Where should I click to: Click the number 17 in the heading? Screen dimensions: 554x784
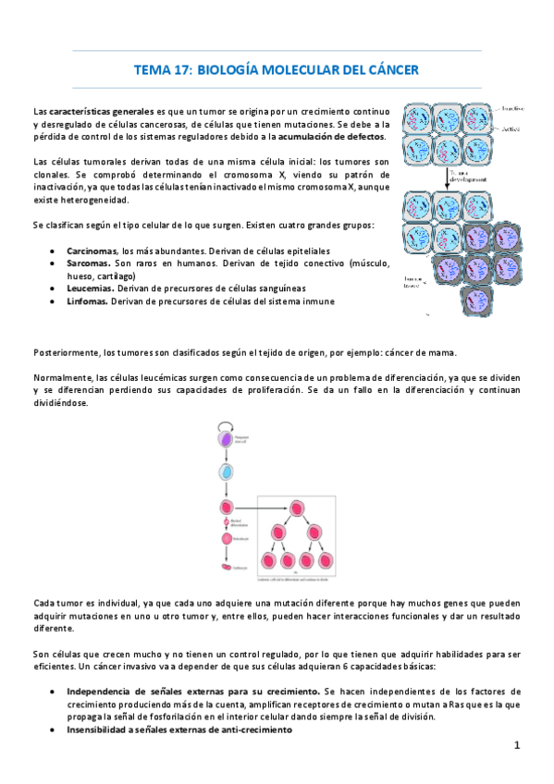tap(181, 69)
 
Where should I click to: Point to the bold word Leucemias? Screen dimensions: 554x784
tap(88, 288)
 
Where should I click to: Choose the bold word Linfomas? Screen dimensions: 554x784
tap(86, 301)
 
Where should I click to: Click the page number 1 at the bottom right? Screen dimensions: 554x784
tap(517, 745)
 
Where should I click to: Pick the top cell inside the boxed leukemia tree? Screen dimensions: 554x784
tap(299, 507)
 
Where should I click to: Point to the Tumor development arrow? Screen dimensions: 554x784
tap(446, 178)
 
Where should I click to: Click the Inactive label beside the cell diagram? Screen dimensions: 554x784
tap(512, 108)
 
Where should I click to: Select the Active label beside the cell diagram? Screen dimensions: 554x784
tap(511, 129)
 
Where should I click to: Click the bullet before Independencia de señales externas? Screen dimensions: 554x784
tap(57, 692)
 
